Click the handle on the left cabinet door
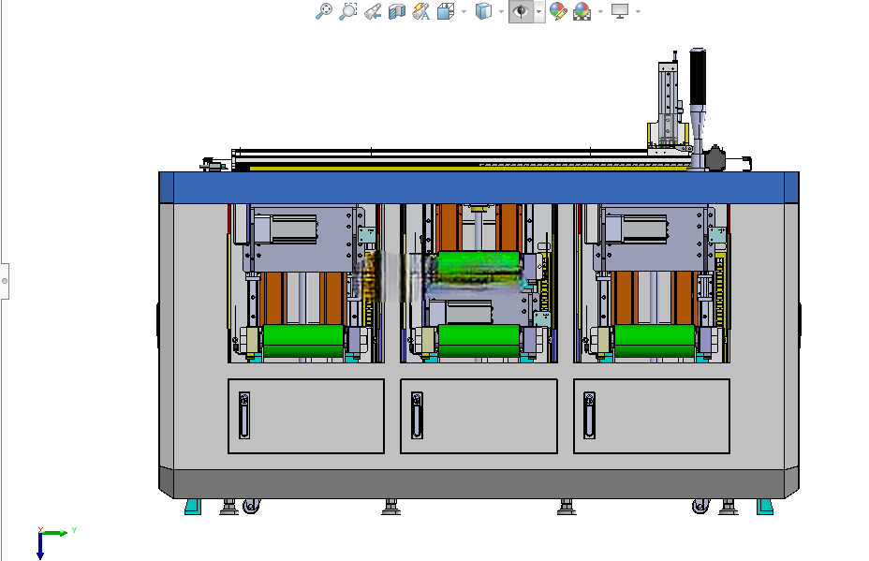pos(243,415)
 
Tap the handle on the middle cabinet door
pos(417,415)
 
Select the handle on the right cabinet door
pos(589,415)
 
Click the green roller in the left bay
pos(303,341)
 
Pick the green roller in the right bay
pos(655,341)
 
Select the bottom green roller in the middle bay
pos(479,341)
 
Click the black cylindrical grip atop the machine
pos(698,76)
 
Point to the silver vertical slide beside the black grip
pos(668,103)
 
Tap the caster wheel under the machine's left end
pos(251,506)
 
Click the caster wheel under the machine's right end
pos(700,506)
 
